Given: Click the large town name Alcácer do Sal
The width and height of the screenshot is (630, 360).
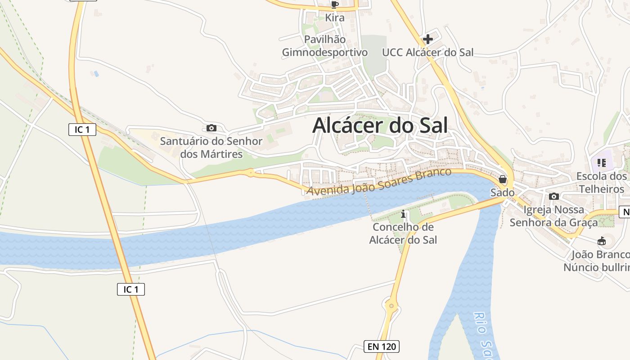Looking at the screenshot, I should [380, 126].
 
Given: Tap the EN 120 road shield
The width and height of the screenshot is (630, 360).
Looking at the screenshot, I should [381, 346].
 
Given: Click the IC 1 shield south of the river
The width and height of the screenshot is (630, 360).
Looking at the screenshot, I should [130, 289].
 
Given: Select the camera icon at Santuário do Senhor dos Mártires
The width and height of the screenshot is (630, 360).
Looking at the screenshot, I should [211, 128].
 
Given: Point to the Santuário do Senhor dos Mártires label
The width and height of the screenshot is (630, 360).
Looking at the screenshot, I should [211, 148].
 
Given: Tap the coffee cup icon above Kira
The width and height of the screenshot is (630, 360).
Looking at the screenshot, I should [334, 5].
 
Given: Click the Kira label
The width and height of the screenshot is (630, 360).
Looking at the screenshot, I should [334, 18].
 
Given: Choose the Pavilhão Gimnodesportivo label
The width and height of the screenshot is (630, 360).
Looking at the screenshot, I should [325, 46].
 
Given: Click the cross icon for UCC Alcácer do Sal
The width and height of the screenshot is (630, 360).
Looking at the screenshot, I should [428, 39].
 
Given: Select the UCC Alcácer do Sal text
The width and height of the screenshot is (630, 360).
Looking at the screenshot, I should [427, 52].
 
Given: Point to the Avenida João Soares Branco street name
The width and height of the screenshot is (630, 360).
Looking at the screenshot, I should [378, 182].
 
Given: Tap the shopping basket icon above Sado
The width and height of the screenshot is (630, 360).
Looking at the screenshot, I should [503, 180].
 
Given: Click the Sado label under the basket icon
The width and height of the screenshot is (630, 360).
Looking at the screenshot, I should [502, 193].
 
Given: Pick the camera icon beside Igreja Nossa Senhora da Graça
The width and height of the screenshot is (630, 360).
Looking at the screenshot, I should [554, 197].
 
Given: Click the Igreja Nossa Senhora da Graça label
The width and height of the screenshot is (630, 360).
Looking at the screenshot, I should [554, 216].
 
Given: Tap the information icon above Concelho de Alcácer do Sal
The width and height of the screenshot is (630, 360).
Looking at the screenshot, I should [403, 213].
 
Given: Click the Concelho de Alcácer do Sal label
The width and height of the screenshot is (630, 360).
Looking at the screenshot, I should [403, 234].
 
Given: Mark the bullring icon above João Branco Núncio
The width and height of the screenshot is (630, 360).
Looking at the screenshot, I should [601, 242].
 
